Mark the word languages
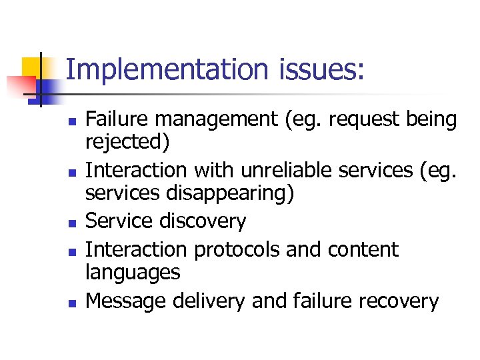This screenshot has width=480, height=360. coord(133,273)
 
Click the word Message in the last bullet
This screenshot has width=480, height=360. coord(127,301)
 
